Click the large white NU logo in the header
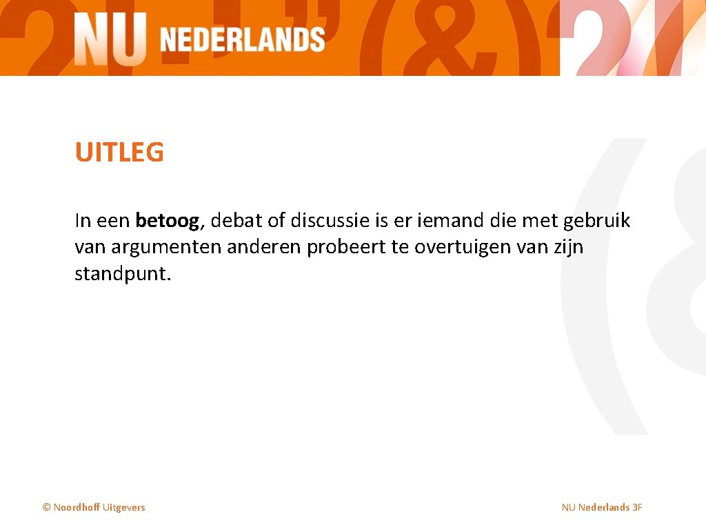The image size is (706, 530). click(110, 39)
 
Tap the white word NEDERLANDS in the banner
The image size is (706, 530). click(242, 40)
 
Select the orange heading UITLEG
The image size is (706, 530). click(119, 153)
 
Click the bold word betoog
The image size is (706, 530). click(168, 221)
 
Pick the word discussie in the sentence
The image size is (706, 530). click(330, 221)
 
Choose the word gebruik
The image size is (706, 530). click(597, 221)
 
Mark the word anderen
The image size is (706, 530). click(264, 247)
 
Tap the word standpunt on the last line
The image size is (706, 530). click(120, 273)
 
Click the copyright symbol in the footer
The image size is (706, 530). click(47, 507)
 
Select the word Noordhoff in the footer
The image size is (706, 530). click(77, 507)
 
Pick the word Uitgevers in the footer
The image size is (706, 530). click(124, 507)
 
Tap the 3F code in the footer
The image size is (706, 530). click(637, 507)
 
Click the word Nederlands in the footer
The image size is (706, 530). click(604, 507)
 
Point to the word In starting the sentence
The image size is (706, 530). click(82, 221)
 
